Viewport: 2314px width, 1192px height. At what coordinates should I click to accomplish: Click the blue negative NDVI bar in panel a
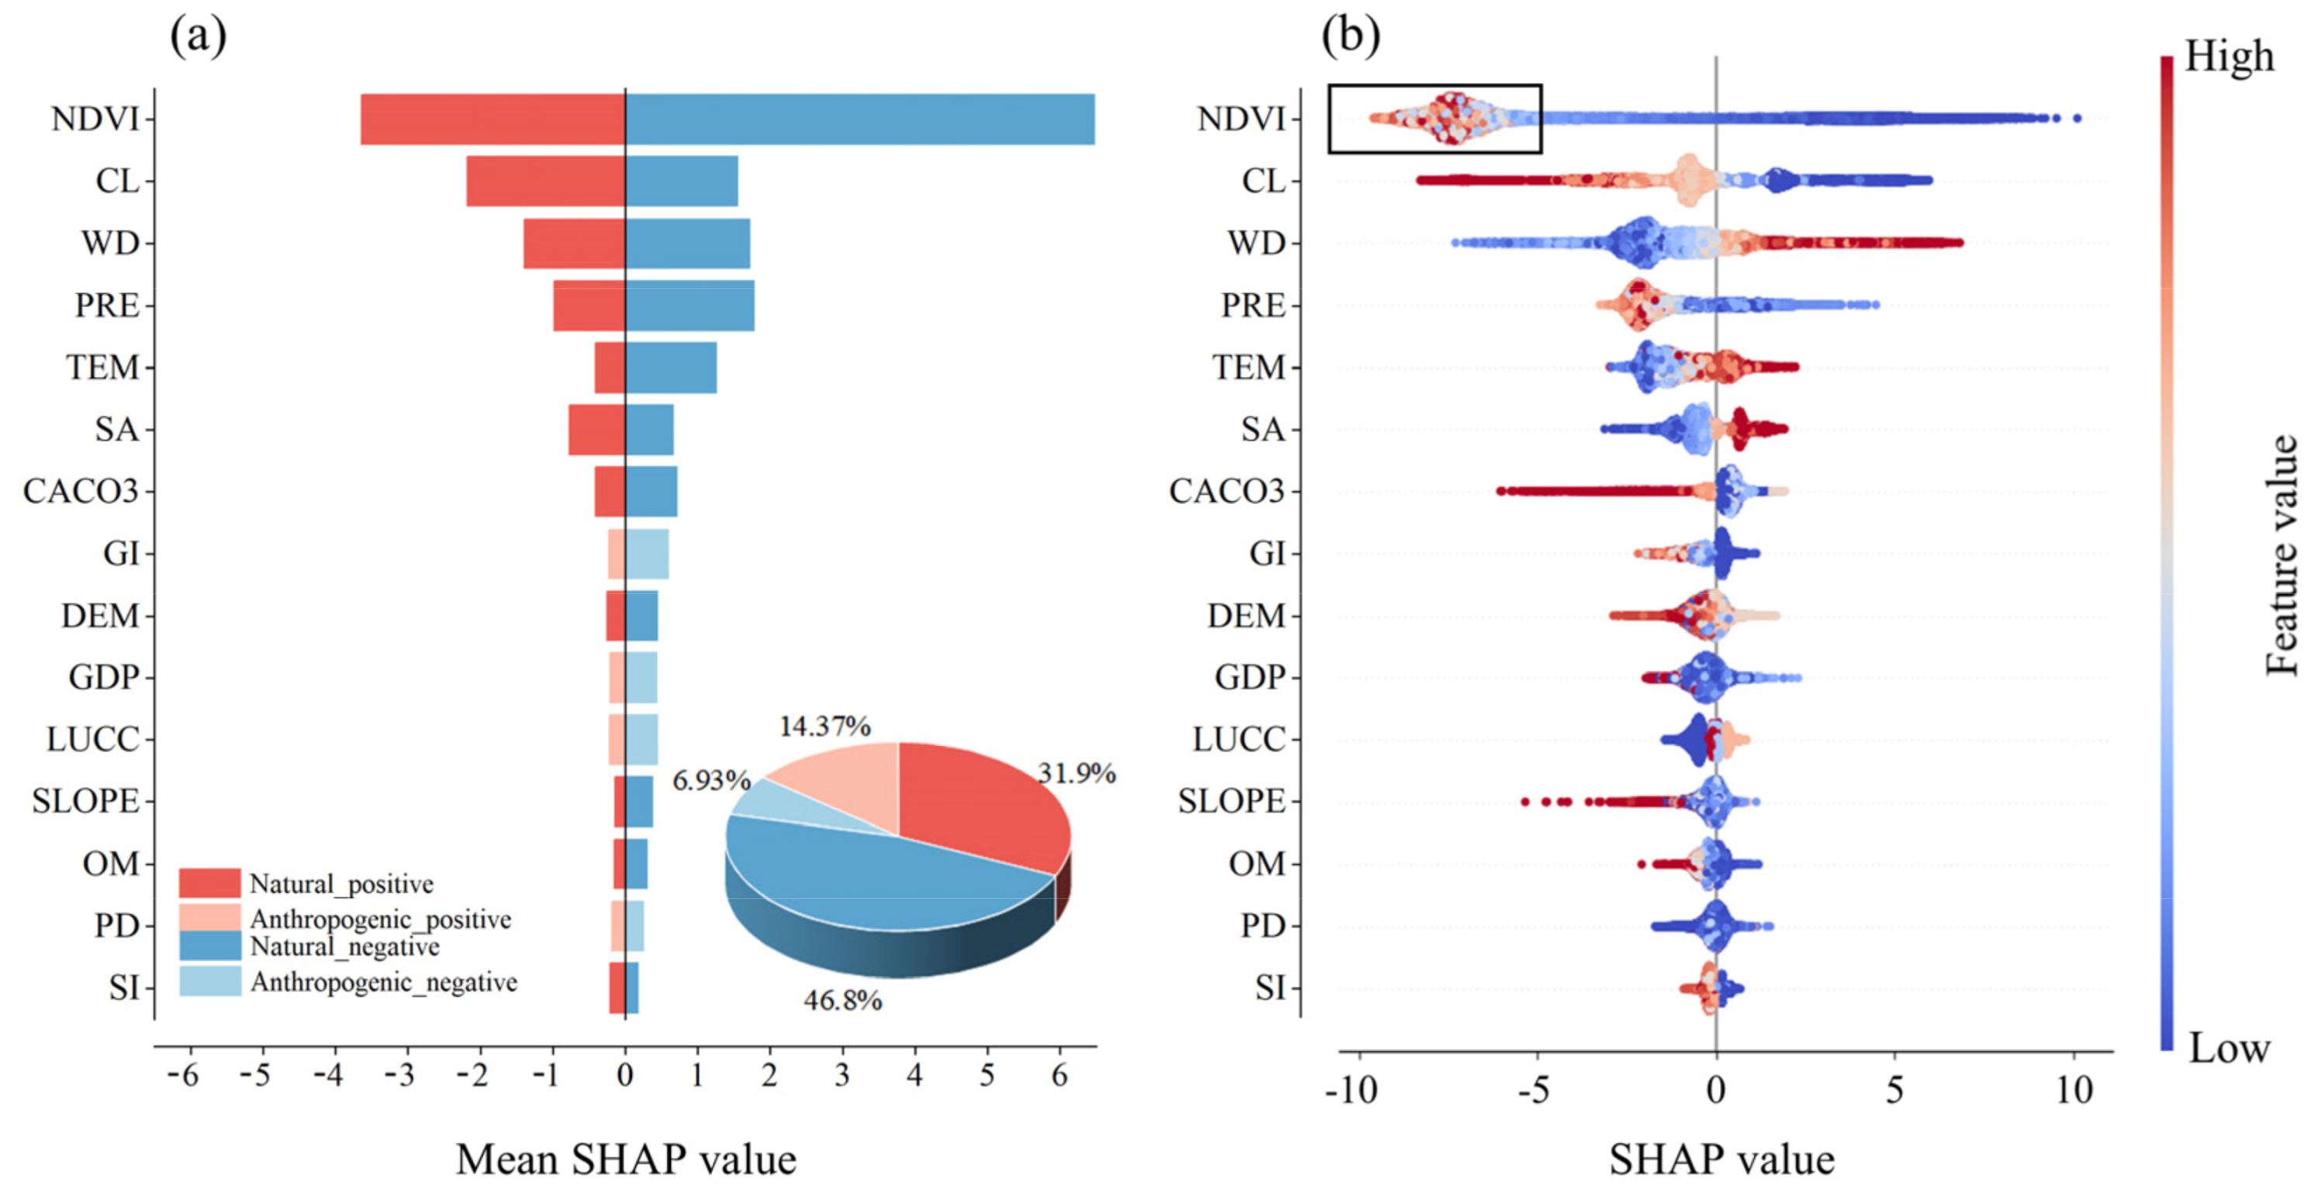860,119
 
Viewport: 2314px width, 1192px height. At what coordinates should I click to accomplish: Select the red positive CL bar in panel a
545,181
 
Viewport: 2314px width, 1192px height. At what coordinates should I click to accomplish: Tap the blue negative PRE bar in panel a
690,306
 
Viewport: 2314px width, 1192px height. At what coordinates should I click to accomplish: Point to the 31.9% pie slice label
1076,772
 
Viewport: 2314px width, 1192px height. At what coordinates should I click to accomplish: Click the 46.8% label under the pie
843,1000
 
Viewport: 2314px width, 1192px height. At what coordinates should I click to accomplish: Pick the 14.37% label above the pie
824,726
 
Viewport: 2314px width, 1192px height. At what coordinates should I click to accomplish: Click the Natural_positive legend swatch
209,883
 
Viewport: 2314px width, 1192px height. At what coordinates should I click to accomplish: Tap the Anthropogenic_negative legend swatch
209,981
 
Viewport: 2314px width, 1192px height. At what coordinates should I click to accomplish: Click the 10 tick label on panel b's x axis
2074,1090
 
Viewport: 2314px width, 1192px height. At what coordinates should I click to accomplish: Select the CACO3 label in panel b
1226,492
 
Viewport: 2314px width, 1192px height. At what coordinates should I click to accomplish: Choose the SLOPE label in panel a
85,800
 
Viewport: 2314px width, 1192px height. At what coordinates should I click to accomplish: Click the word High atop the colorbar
2229,56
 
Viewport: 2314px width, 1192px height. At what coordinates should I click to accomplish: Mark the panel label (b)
1350,36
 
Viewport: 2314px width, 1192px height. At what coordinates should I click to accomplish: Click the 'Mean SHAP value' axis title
625,1159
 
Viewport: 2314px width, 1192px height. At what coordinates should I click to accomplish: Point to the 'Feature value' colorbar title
2281,555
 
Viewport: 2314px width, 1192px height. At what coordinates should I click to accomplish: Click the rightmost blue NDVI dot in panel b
2076,118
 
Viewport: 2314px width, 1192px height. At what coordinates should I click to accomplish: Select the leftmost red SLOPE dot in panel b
1525,800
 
